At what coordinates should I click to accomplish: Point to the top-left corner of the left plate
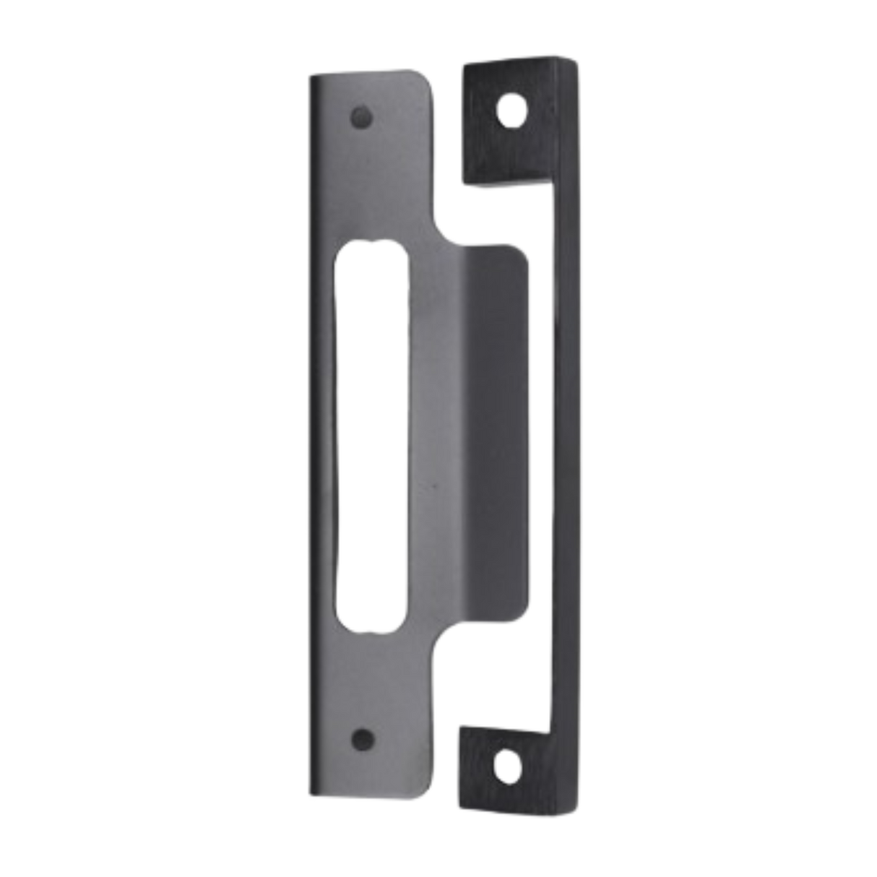click(x=306, y=74)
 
